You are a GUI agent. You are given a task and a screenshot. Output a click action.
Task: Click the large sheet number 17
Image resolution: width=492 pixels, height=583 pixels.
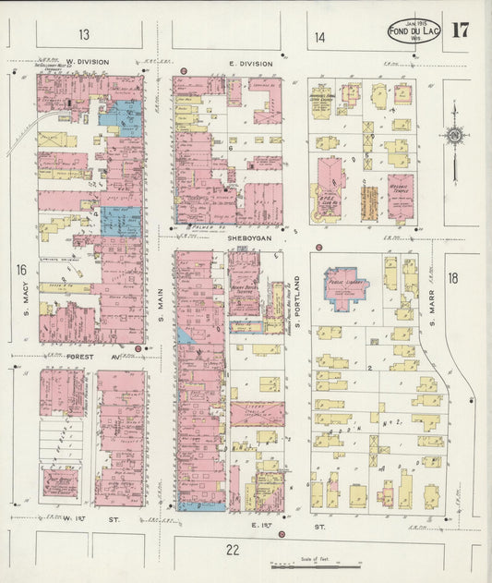(459, 29)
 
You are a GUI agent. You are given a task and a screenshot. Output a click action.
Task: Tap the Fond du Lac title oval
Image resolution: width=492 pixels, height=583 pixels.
(414, 30)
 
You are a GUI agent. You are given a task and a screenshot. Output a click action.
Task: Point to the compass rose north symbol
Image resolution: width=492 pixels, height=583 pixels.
(455, 138)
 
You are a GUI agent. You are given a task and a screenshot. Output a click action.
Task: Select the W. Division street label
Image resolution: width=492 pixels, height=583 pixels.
(87, 63)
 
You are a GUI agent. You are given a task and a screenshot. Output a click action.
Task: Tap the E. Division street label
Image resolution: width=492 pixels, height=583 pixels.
(250, 64)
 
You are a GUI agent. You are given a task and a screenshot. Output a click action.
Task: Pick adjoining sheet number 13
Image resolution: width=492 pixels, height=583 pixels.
(84, 36)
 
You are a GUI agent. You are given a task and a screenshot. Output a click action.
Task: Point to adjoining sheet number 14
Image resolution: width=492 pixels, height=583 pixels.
(319, 37)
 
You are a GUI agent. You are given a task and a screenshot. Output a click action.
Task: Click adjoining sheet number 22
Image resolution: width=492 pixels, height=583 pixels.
(233, 550)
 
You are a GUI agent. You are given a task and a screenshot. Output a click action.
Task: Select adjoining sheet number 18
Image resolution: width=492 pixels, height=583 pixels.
(452, 277)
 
